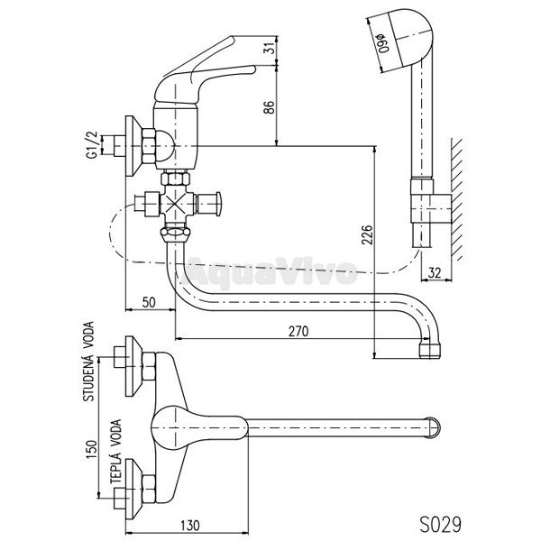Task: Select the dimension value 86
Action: [269, 107]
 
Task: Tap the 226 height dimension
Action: [367, 234]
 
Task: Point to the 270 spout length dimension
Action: [298, 331]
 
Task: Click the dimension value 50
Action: [149, 303]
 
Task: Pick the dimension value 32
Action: [435, 273]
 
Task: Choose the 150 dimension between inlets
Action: [92, 450]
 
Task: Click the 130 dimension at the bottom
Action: [189, 526]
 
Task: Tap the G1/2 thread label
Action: [92, 145]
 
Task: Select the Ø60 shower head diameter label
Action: [383, 43]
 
